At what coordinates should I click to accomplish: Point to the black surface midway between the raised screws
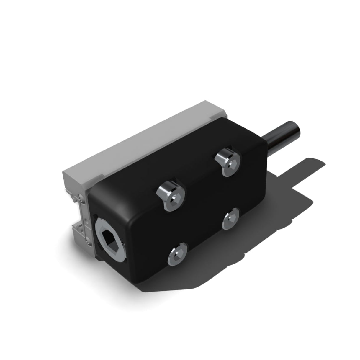[201, 177]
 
